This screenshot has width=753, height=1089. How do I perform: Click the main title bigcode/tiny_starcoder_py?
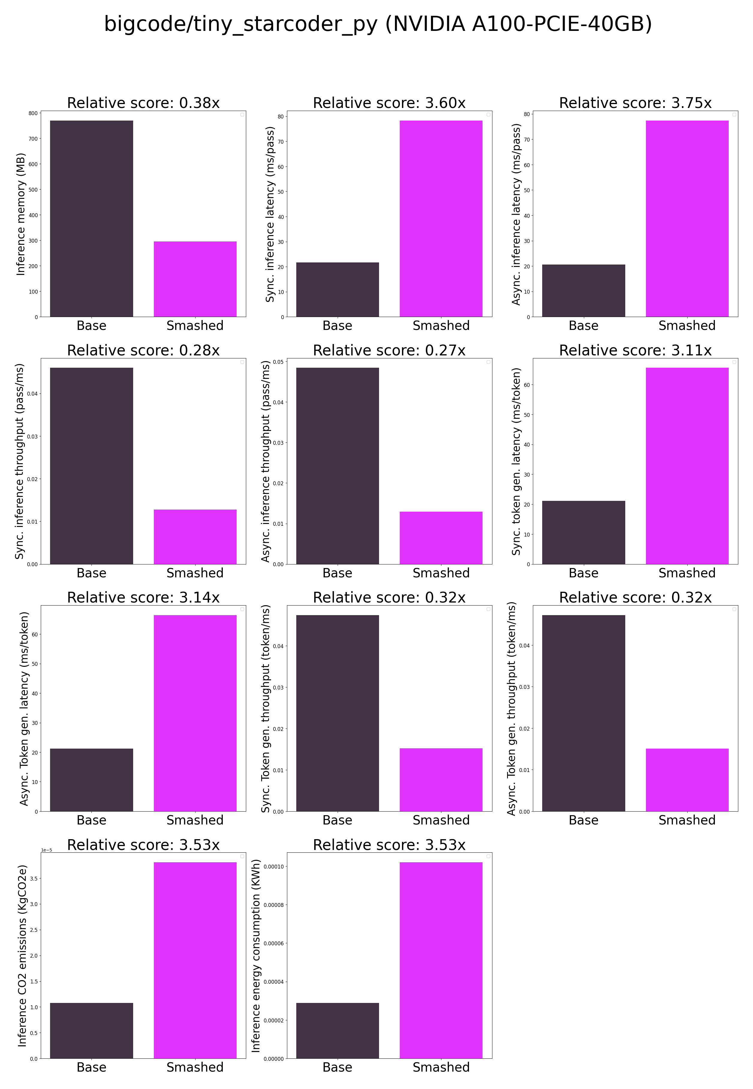click(x=378, y=24)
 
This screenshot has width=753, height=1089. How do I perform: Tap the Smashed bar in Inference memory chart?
click(x=195, y=279)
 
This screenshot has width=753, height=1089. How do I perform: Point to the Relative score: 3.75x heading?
click(x=635, y=103)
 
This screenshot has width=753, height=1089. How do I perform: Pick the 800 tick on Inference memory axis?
click(x=33, y=113)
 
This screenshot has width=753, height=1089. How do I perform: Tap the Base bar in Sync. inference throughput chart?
click(x=91, y=466)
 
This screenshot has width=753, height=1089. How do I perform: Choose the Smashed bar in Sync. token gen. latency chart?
click(x=687, y=466)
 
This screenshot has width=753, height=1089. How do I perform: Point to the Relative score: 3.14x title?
click(x=143, y=597)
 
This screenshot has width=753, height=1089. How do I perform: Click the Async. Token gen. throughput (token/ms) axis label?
click(x=511, y=709)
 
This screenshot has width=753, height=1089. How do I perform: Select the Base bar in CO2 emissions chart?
click(x=91, y=1031)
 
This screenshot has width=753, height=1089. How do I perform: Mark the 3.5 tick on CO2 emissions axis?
click(x=34, y=878)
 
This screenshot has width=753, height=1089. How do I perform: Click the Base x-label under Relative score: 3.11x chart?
click(x=583, y=573)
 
